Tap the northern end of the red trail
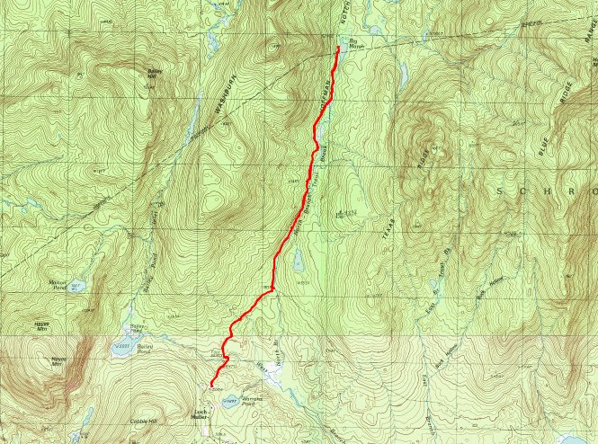click(x=337, y=47)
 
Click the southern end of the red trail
click(x=211, y=386)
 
